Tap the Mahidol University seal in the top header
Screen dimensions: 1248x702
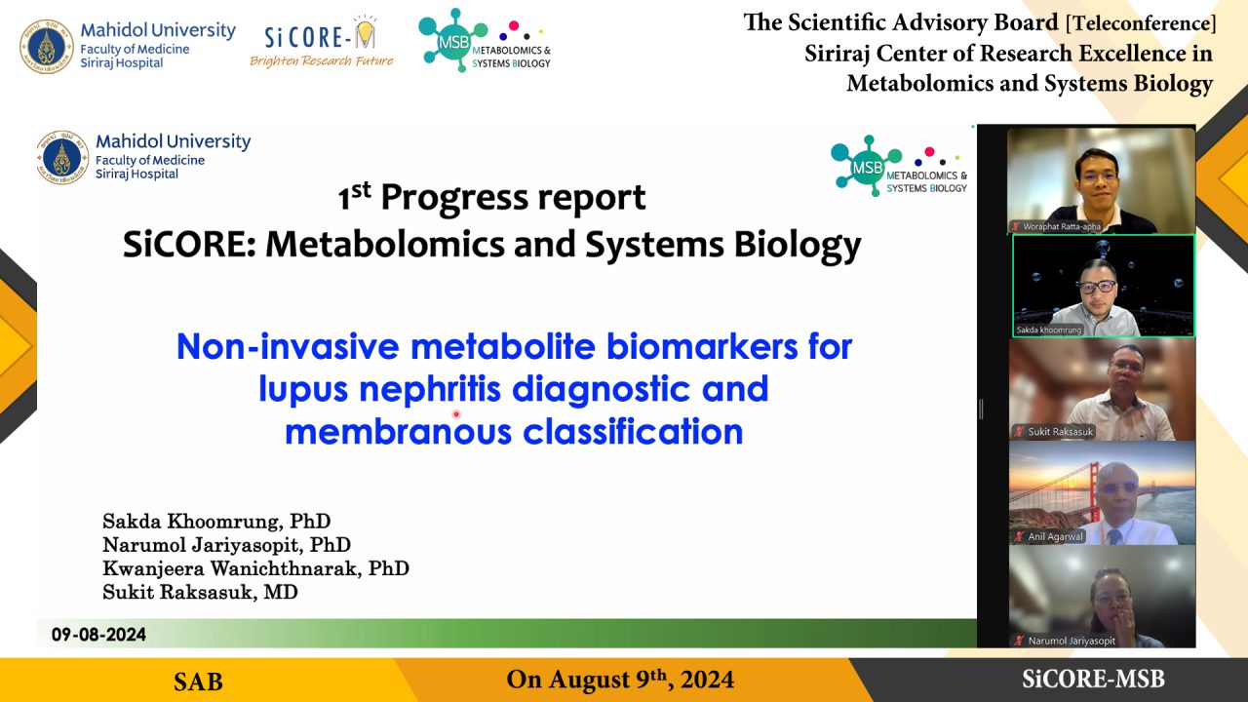coord(46,47)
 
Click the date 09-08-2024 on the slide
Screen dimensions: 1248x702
coord(98,635)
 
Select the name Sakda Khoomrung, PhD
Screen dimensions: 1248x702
coord(216,522)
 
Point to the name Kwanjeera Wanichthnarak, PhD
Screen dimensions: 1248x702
coord(255,568)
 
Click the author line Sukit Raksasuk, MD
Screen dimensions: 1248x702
coord(200,592)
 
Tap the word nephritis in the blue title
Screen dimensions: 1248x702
coord(430,389)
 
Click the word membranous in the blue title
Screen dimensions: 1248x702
coord(398,432)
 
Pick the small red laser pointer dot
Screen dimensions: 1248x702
coord(456,414)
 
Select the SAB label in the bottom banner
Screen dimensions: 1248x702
coord(198,682)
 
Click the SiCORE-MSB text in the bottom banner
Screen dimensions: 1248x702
coord(1093,680)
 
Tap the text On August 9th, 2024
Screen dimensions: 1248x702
coord(620,680)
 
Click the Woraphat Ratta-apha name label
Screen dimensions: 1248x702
coord(1062,226)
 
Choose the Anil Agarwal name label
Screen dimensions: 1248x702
coord(1055,536)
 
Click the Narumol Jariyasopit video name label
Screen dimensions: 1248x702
coord(1072,641)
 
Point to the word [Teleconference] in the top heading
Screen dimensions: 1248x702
coord(1141,23)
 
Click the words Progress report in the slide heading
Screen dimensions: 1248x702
coord(513,198)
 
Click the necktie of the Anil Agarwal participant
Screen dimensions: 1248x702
coord(1113,536)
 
